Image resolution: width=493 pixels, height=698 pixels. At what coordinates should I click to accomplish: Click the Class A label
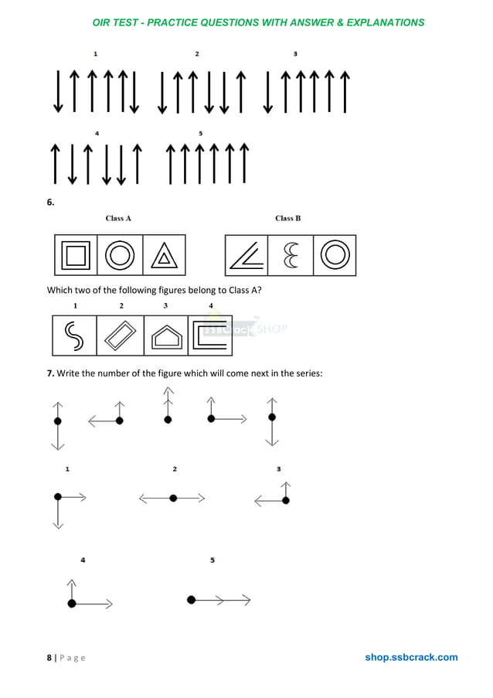pyautogui.click(x=118, y=219)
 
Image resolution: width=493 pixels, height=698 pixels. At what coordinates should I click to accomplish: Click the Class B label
pyautogui.click(x=288, y=219)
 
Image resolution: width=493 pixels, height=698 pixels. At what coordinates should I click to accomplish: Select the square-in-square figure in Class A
pyautogui.click(x=76, y=255)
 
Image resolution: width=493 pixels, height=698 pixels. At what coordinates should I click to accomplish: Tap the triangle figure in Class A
pyautogui.click(x=164, y=256)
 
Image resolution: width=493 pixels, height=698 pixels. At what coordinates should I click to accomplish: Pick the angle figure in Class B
pyautogui.click(x=245, y=256)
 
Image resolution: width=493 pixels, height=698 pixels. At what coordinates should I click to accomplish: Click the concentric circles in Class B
pyautogui.click(x=335, y=256)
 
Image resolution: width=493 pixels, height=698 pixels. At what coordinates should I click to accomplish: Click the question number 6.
pyautogui.click(x=50, y=203)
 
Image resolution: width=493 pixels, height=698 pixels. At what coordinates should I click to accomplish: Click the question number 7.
pyautogui.click(x=50, y=374)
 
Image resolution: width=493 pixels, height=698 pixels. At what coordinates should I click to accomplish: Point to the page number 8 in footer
pyautogui.click(x=49, y=658)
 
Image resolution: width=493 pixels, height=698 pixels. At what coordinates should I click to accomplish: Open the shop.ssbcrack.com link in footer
pyautogui.click(x=411, y=658)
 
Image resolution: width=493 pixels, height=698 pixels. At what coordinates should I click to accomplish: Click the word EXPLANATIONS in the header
pyautogui.click(x=386, y=22)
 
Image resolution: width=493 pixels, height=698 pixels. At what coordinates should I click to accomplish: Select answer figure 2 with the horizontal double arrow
pyautogui.click(x=173, y=499)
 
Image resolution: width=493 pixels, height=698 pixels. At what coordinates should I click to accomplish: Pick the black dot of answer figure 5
pyautogui.click(x=191, y=599)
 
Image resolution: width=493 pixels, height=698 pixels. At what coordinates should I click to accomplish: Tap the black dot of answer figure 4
pyautogui.click(x=72, y=603)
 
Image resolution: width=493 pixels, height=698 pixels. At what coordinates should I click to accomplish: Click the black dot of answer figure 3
pyautogui.click(x=286, y=501)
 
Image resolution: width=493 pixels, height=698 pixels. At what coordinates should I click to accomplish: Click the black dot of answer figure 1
pyautogui.click(x=57, y=498)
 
